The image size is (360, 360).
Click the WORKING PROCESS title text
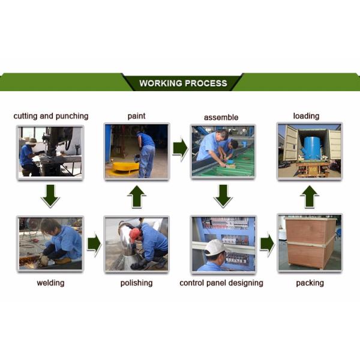(x=183, y=83)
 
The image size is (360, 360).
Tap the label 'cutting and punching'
(x=51, y=116)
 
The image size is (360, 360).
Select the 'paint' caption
(x=136, y=116)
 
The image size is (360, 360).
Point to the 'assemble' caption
(x=221, y=117)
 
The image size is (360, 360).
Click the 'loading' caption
(x=306, y=116)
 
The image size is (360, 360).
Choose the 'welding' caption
(x=50, y=283)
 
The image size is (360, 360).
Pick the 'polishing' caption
(x=136, y=283)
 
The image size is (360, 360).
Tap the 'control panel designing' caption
(x=221, y=283)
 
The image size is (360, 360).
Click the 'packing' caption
(x=310, y=283)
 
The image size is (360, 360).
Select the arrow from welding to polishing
(x=94, y=244)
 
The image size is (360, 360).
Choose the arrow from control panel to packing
(x=266, y=244)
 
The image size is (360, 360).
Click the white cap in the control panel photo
(x=215, y=247)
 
